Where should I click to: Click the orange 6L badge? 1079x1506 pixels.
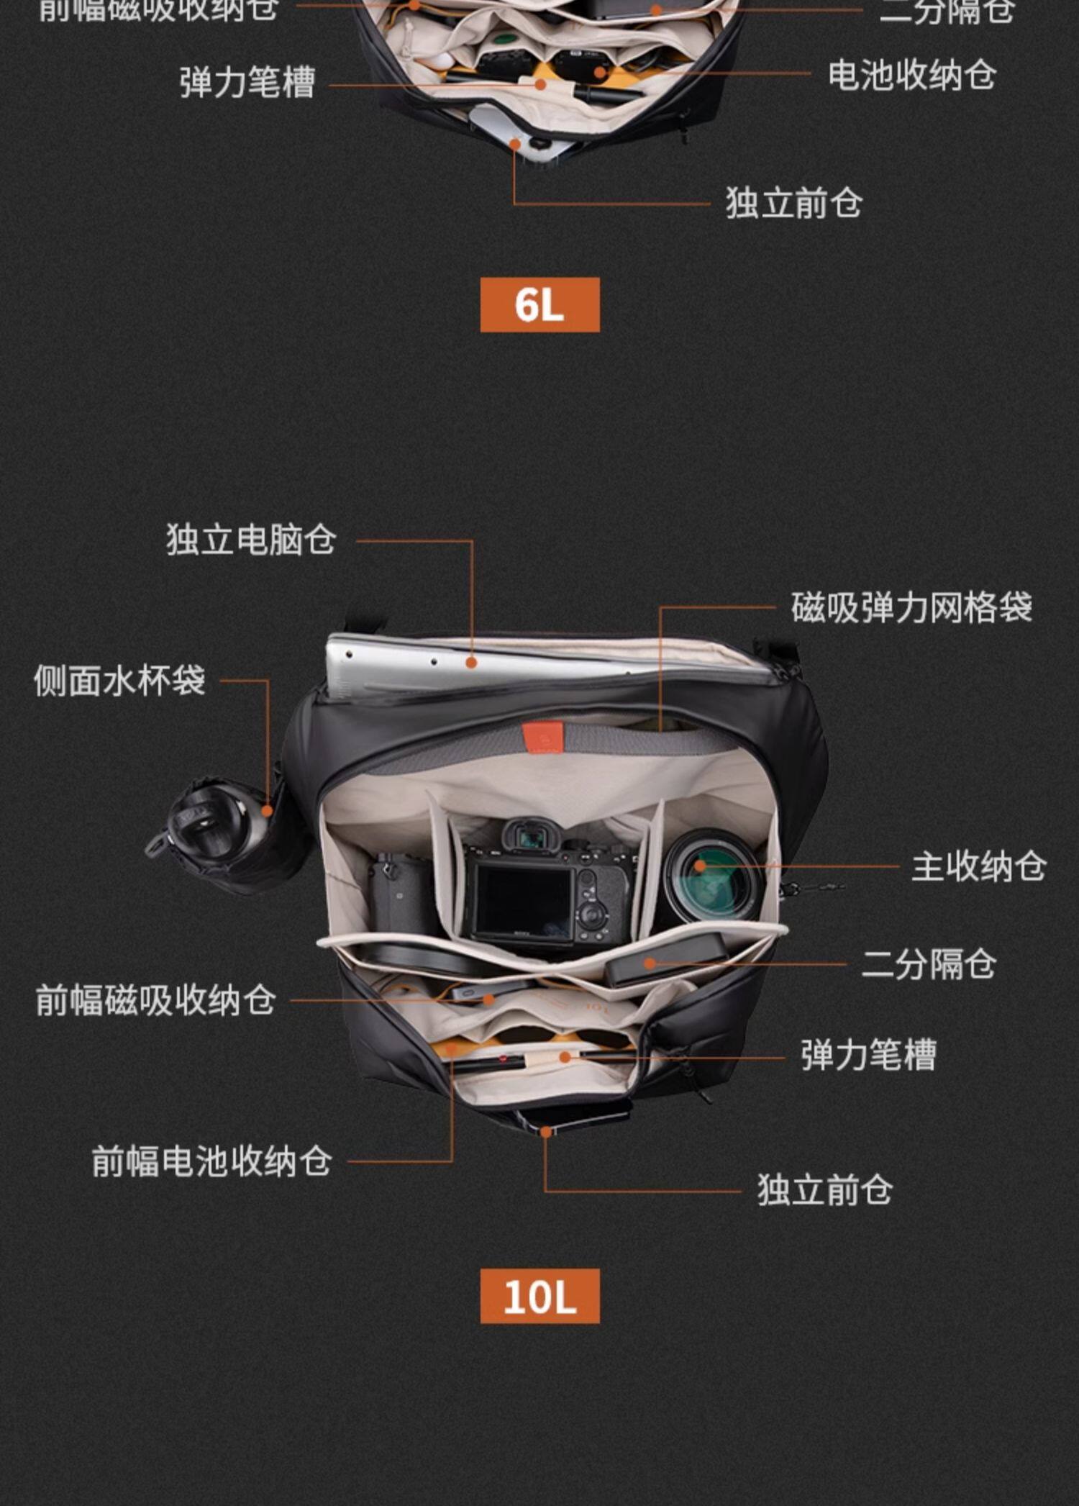[x=539, y=304]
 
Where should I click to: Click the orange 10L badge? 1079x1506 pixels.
[x=539, y=1296]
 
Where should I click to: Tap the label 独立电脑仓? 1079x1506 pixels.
[x=251, y=540]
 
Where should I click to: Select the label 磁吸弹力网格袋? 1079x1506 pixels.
[x=911, y=607]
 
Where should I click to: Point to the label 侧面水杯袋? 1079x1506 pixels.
[x=119, y=680]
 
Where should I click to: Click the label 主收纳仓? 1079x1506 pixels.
[x=978, y=866]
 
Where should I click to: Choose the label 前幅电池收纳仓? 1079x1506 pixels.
[x=211, y=1161]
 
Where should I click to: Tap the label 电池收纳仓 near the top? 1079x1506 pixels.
[x=911, y=76]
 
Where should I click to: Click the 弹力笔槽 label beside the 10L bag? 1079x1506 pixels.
[x=868, y=1056]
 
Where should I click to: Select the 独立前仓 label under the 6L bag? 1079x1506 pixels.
[x=793, y=203]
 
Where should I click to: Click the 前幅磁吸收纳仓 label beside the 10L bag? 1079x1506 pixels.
[x=155, y=1000]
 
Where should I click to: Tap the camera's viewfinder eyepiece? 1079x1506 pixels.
[x=531, y=837]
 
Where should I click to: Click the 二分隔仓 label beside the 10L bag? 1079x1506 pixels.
[x=928, y=964]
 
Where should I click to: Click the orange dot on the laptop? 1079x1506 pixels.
[x=471, y=663]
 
